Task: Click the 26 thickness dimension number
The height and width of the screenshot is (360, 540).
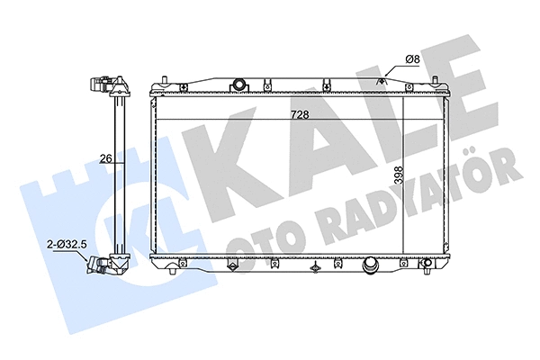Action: coord(104,158)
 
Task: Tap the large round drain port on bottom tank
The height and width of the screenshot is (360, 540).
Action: coord(369,267)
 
